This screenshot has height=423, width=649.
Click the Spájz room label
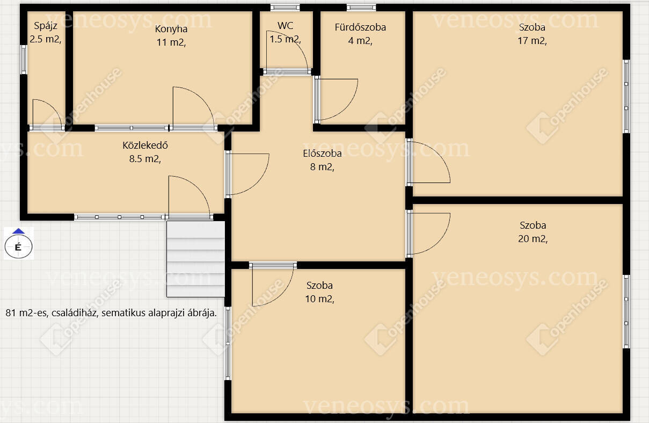tap(46, 26)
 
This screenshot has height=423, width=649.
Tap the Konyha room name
tap(171, 29)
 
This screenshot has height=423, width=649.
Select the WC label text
tap(285, 25)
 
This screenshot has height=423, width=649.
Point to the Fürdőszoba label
tap(360, 27)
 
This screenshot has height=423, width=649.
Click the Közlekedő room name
tap(145, 145)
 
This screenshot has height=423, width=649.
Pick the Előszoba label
tap(322, 154)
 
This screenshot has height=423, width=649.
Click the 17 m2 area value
tap(532, 41)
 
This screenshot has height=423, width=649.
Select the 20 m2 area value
tap(533, 239)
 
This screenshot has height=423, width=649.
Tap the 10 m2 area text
tap(319, 298)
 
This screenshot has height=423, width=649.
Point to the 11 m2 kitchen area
tap(171, 42)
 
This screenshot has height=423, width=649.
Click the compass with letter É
tap(19, 246)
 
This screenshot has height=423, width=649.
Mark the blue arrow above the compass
tap(19, 231)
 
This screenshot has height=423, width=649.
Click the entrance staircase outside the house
tap(195, 259)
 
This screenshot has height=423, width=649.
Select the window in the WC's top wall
tap(285, 8)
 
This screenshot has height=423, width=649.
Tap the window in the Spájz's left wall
tap(24, 60)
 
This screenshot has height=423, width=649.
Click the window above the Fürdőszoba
tap(361, 8)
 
